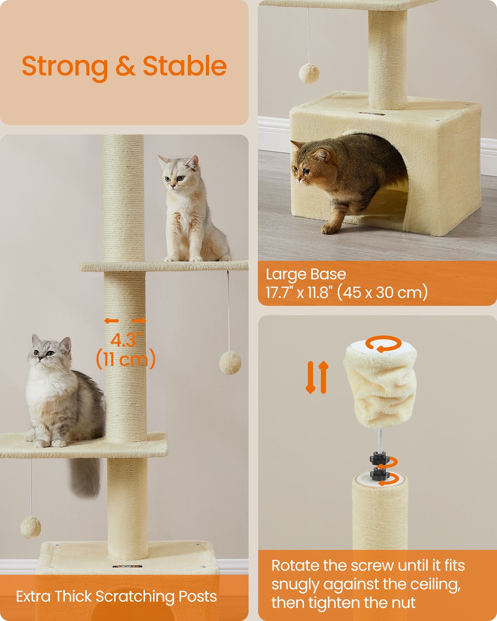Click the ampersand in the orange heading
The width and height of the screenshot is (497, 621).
(125, 67)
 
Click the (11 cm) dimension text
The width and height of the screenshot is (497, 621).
(126, 359)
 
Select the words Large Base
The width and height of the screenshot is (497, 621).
(306, 274)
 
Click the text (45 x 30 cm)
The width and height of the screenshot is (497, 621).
(382, 292)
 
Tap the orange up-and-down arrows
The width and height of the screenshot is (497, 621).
(317, 377)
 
